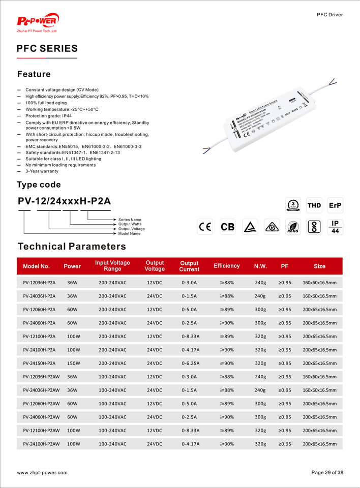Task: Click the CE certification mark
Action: pos(205,227)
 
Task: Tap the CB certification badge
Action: pos(227,227)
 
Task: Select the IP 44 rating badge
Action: pos(335,227)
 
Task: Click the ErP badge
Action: pos(335,205)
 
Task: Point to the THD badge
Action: pos(314,205)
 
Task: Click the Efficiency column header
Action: pos(226,266)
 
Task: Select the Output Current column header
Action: pos(189,266)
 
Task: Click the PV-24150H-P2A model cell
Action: pos(39,363)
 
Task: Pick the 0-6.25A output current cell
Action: pos(189,363)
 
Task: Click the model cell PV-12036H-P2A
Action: pos(39,283)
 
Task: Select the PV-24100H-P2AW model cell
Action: pos(41,444)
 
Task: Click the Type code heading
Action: pos(39,185)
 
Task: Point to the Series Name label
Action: pos(130,220)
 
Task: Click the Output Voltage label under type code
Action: pos(132,229)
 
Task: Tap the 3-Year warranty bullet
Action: pos(42,171)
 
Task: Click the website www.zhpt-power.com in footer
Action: pos(42,473)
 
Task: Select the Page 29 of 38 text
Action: pos(327,473)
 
